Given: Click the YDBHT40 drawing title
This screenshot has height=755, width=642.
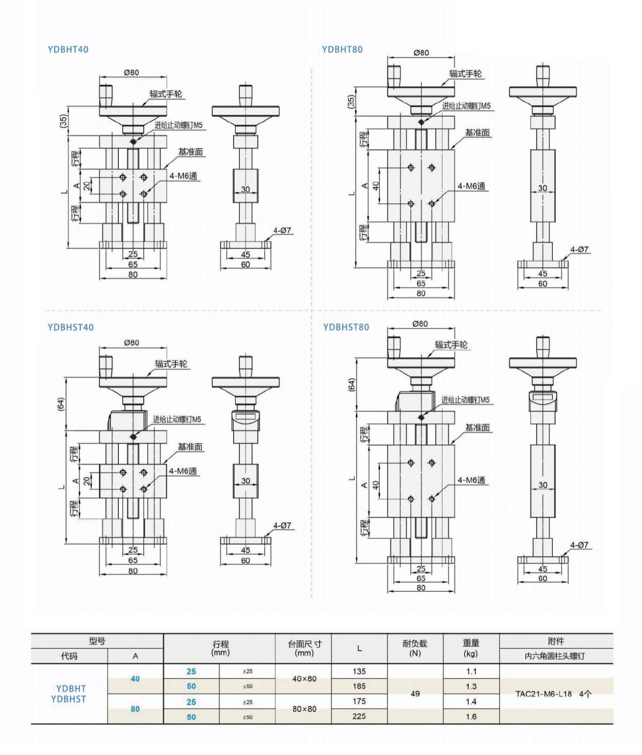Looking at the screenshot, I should pos(68,49).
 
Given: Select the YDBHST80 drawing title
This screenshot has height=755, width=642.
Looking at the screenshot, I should pos(346,327).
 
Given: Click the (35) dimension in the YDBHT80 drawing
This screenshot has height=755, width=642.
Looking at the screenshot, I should pos(351,102).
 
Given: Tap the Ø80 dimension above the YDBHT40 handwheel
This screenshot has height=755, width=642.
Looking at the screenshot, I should pos(131,72).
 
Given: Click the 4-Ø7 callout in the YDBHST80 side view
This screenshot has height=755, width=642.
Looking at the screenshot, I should pos(579,545).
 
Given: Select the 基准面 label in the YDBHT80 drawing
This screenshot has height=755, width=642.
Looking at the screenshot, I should pos(477,133).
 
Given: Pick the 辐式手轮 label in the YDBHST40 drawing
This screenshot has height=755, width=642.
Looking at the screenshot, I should pos(171,364).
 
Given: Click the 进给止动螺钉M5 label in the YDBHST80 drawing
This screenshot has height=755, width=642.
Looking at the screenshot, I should pos(465,400).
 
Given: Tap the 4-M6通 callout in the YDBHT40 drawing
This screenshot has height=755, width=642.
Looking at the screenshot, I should pos(183,176).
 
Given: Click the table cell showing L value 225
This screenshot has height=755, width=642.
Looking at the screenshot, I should pos(359,716).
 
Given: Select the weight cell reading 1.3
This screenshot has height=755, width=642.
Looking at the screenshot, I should pos(471,686).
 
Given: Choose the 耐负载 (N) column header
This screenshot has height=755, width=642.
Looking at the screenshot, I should pos(415,648).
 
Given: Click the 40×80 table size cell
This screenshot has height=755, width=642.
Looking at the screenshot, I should pos(304,679).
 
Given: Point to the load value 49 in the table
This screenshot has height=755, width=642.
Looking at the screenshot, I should pos(415,694).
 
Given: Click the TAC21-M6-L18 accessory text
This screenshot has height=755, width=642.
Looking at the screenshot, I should pos(543,694).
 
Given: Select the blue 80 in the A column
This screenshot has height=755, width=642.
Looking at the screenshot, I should pos(135,709).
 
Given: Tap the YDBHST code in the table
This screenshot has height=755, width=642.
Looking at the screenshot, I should pos(69,699).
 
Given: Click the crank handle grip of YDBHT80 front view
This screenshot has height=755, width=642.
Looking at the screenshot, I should pos(394,76).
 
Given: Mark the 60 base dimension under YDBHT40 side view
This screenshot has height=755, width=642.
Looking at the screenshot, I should pos(245,265).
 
